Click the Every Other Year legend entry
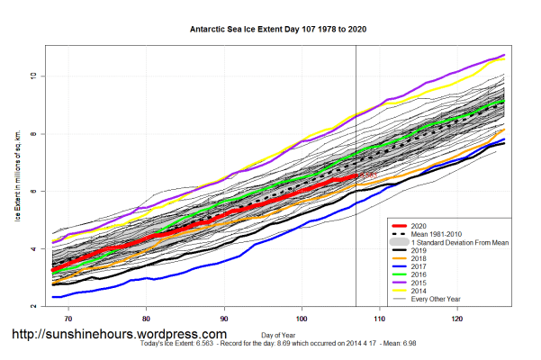(x=437, y=303)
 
